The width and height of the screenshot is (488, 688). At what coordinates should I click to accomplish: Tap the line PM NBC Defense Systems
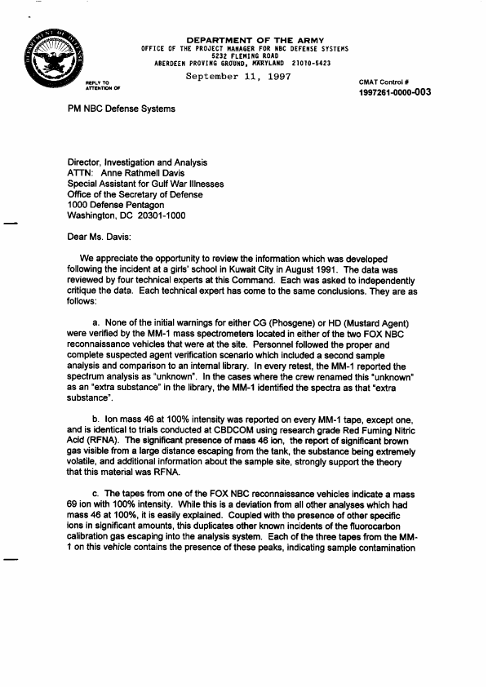pyautogui.click(x=116, y=109)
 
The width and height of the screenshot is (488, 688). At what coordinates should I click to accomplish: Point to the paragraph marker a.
pyautogui.click(x=97, y=325)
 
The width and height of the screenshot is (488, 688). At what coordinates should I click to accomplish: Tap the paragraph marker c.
pyautogui.click(x=97, y=495)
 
